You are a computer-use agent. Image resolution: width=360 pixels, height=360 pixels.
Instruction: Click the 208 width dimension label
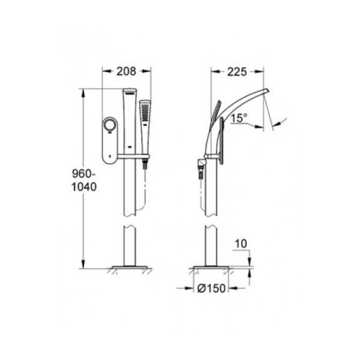[x=126, y=71]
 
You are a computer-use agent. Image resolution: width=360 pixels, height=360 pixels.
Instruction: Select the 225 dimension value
[x=236, y=71]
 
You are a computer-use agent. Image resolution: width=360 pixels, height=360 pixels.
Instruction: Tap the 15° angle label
[x=239, y=118]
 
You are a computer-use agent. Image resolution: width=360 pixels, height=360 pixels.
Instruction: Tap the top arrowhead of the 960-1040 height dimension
[x=84, y=90]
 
